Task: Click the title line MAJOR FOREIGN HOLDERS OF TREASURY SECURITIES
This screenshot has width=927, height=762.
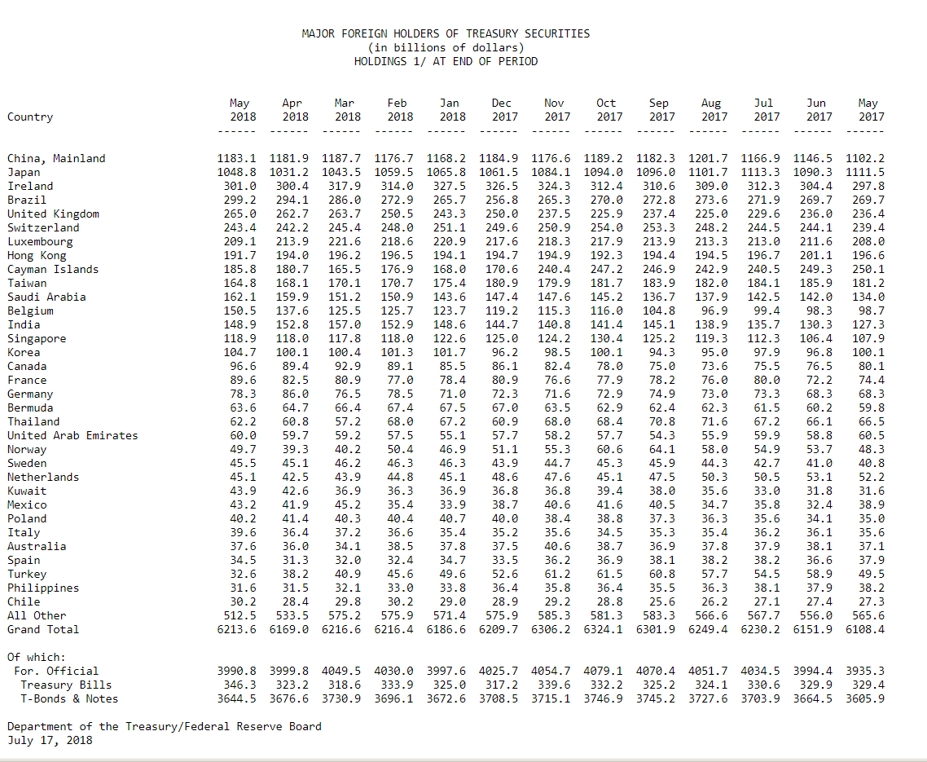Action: click(x=446, y=33)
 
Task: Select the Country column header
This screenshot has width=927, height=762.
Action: click(x=30, y=117)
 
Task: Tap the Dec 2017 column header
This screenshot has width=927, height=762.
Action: click(x=501, y=110)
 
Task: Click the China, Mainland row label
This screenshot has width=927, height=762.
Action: click(x=56, y=159)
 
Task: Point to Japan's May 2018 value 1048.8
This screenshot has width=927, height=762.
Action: click(x=236, y=172)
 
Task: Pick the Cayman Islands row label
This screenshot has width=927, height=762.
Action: click(x=53, y=269)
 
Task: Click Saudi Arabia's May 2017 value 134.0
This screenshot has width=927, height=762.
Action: click(x=868, y=297)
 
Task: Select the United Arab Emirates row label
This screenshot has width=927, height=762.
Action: click(x=72, y=435)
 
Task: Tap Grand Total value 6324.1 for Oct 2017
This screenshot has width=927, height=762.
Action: click(x=603, y=629)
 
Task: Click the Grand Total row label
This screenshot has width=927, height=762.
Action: click(x=42, y=629)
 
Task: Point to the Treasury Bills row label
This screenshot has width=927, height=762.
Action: click(x=66, y=685)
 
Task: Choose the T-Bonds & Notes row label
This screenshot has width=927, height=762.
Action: click(x=69, y=698)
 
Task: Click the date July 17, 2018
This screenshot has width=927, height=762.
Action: click(x=50, y=740)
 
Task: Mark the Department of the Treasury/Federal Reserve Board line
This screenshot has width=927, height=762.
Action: click(x=165, y=726)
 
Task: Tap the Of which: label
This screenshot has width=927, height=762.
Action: click(x=37, y=658)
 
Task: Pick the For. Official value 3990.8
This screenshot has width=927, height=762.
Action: click(x=236, y=671)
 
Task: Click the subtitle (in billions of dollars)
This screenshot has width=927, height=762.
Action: click(x=446, y=47)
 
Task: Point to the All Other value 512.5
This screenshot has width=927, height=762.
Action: click(x=240, y=616)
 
